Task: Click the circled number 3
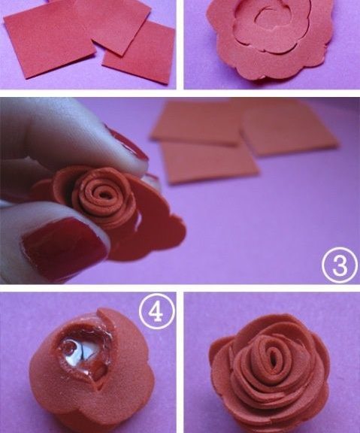[339, 265]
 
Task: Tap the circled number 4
[157, 311]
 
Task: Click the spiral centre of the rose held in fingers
[104, 195]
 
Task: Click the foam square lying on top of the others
[113, 25]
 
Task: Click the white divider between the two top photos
[180, 44]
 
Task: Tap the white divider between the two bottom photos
[180, 362]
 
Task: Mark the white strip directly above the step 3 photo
[180, 93]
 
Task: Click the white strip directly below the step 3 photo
[180, 288]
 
